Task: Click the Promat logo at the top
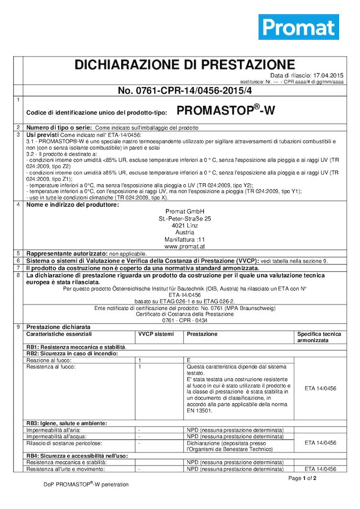298,27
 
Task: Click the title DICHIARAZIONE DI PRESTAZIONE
184,65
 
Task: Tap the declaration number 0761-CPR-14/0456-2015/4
184,91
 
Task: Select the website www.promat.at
184,246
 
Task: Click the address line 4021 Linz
184,225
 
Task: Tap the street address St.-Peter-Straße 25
184,218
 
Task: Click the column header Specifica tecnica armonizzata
319,337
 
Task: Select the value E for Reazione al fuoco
188,360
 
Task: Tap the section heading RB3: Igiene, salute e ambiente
67,423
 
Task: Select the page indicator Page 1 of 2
302,478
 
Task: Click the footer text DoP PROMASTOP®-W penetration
86,485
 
